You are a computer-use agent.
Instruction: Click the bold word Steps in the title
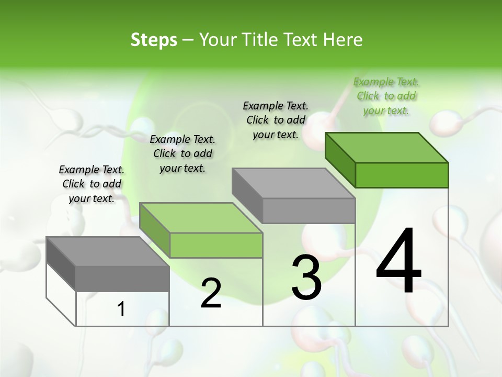click(154, 40)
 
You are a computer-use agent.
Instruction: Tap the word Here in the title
click(343, 40)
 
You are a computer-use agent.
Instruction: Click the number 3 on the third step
click(306, 278)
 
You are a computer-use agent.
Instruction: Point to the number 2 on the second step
click(211, 293)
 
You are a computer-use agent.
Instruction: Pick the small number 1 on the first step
click(121, 309)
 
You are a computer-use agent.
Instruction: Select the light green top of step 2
click(201, 218)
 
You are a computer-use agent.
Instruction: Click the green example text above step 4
click(386, 96)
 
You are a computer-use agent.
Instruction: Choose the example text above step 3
click(276, 120)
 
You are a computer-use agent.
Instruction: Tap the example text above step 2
click(182, 153)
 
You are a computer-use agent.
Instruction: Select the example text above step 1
click(92, 184)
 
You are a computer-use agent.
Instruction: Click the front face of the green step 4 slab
click(402, 175)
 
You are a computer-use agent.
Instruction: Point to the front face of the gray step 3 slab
click(309, 210)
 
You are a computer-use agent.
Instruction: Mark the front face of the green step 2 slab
click(216, 245)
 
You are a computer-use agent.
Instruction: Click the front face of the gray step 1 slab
click(122, 279)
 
